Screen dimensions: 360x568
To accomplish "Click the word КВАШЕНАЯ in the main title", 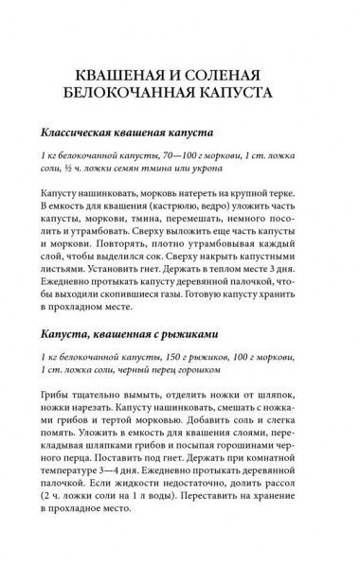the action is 119,75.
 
